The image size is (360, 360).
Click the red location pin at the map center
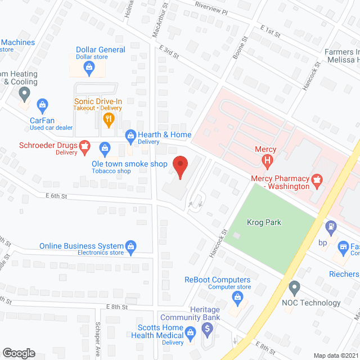[x=179, y=168]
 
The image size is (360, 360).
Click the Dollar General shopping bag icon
[x=88, y=67]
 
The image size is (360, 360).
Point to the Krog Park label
[x=264, y=222]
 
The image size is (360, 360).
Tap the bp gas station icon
[x=332, y=227]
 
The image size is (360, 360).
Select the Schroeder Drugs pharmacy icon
[x=84, y=147]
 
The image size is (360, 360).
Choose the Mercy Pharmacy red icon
[x=317, y=179]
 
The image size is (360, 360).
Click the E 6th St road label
[x=56, y=196]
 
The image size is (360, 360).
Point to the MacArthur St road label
[x=161, y=22]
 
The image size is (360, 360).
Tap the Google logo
[x=19, y=353]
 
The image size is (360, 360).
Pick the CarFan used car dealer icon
[x=42, y=104]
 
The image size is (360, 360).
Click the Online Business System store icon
[x=130, y=246]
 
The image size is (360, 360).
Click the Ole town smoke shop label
[x=129, y=164]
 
